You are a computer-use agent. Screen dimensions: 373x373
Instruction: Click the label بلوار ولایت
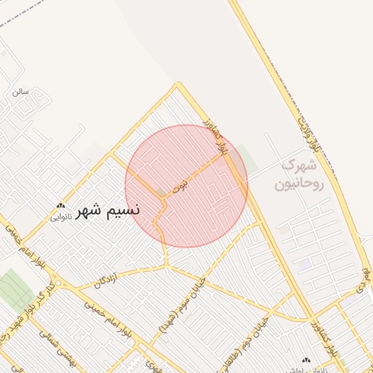coord(309,134)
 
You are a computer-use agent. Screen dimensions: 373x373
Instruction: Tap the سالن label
coord(19,93)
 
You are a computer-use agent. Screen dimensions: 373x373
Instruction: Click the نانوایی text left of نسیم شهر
coord(60,217)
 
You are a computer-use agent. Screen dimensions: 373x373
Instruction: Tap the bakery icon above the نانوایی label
coord(60,206)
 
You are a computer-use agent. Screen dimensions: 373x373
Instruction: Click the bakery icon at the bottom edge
coord(305,360)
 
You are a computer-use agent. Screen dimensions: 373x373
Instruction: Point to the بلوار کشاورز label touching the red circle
coord(223,139)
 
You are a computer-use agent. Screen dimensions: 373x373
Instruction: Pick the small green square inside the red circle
coord(161,193)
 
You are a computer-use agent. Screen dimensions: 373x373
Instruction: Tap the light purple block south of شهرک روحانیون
coord(304,263)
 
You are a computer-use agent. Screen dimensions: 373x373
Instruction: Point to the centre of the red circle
coord(186,186)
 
